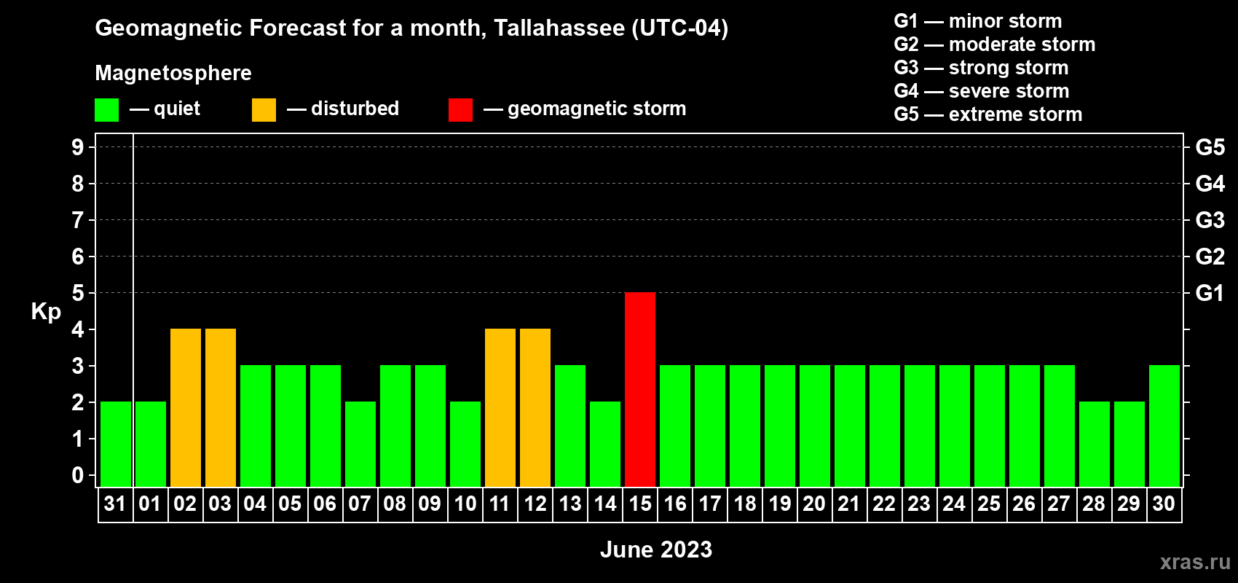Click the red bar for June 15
(640, 389)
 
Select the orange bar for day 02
(186, 407)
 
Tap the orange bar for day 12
(535, 407)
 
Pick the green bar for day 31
(116, 444)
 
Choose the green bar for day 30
(1164, 426)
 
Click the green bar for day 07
(360, 444)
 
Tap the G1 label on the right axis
(1210, 293)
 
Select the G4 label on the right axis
(1210, 184)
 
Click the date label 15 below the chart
(640, 504)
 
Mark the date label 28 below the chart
(1094, 504)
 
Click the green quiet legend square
(106, 109)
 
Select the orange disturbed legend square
(264, 109)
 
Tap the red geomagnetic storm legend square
(460, 109)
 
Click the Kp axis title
(45, 312)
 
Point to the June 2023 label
(656, 549)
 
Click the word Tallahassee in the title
(559, 28)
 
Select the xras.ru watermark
(1195, 563)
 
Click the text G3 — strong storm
(981, 68)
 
